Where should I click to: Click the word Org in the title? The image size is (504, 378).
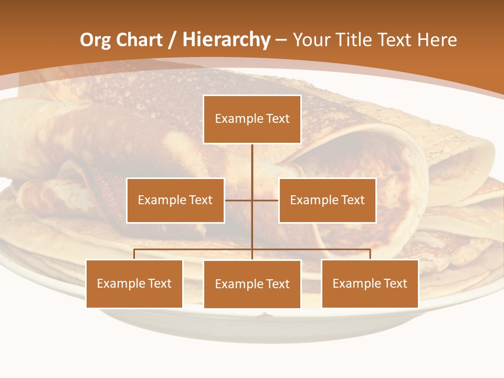point(96,40)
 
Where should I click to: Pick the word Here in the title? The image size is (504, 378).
point(437,40)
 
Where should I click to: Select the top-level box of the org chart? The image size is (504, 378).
point(252,119)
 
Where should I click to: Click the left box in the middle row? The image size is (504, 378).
point(175,201)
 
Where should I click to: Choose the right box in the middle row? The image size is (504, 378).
point(327,201)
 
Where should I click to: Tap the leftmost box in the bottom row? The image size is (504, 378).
point(134,284)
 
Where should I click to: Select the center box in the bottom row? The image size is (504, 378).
point(252,285)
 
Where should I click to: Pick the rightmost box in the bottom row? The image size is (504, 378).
point(370,284)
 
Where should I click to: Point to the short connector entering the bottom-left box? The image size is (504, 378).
point(134,254)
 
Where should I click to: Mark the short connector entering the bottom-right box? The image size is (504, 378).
point(370,254)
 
